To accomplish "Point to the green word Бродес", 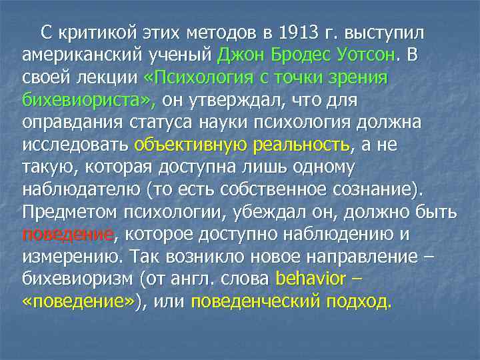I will click(x=303, y=55).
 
